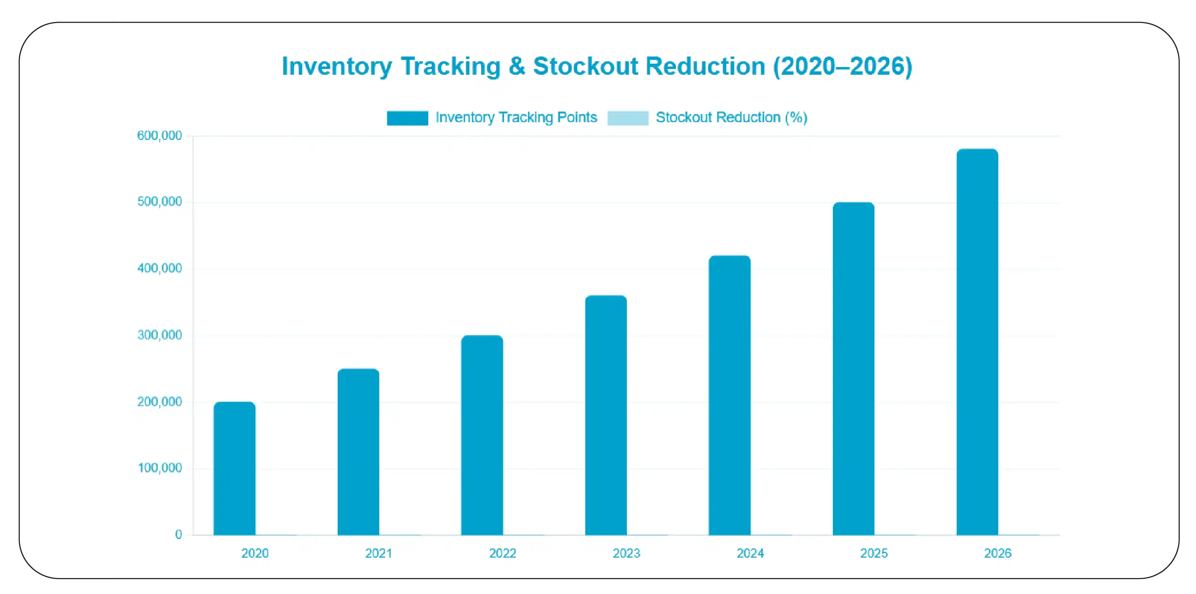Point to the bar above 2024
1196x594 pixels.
729,395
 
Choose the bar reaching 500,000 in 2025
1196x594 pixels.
854,368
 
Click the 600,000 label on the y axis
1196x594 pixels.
159,136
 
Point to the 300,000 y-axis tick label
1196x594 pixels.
159,335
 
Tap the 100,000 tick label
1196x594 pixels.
159,468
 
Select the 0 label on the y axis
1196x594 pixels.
179,535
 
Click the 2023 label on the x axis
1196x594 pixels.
626,553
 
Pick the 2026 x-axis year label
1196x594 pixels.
998,553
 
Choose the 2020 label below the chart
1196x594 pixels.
255,553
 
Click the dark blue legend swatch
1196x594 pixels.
407,118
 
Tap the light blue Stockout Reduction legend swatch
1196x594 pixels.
627,118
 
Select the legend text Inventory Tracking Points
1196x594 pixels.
516,117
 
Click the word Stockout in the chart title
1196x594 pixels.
585,66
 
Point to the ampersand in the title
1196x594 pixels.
517,66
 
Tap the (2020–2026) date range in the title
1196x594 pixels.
843,66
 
